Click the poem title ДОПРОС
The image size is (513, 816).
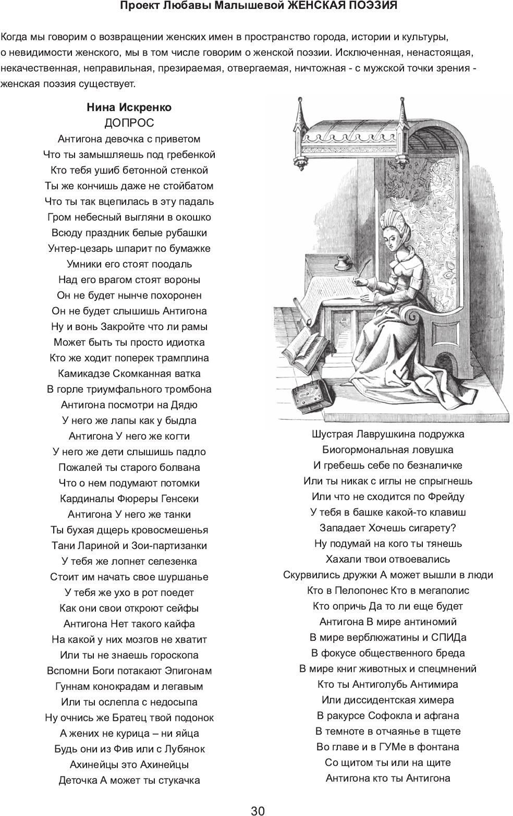[129, 123]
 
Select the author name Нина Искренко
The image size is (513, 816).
[129, 107]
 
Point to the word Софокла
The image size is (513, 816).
[390, 715]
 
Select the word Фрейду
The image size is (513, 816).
[445, 496]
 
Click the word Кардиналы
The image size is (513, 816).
[84, 498]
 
